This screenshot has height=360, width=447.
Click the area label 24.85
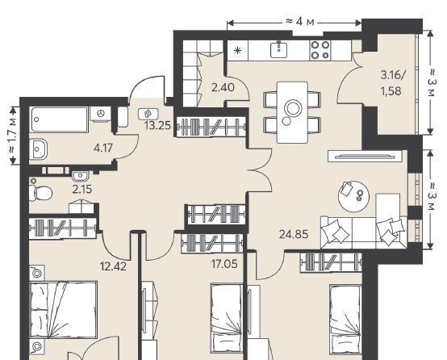[294, 235]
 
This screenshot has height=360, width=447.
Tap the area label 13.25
[157, 125]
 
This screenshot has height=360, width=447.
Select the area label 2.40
[223, 87]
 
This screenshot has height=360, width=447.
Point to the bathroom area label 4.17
[103, 148]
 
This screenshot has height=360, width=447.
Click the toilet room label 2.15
[81, 190]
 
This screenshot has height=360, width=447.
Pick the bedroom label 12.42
[113, 266]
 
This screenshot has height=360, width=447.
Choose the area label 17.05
[224, 264]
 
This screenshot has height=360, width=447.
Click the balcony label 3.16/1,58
[393, 83]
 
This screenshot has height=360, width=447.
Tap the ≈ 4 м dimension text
[300, 22]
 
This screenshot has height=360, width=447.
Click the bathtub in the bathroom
[60, 119]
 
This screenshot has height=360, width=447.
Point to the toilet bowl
[40, 193]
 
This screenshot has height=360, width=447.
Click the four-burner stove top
[320, 50]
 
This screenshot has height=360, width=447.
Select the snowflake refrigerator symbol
[237, 51]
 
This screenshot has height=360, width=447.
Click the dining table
[292, 112]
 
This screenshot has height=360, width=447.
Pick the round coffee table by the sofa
[353, 196]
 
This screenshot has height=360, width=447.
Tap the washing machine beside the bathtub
[100, 115]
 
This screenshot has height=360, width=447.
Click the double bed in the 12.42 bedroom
[63, 309]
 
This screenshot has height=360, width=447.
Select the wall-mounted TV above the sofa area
[365, 157]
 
